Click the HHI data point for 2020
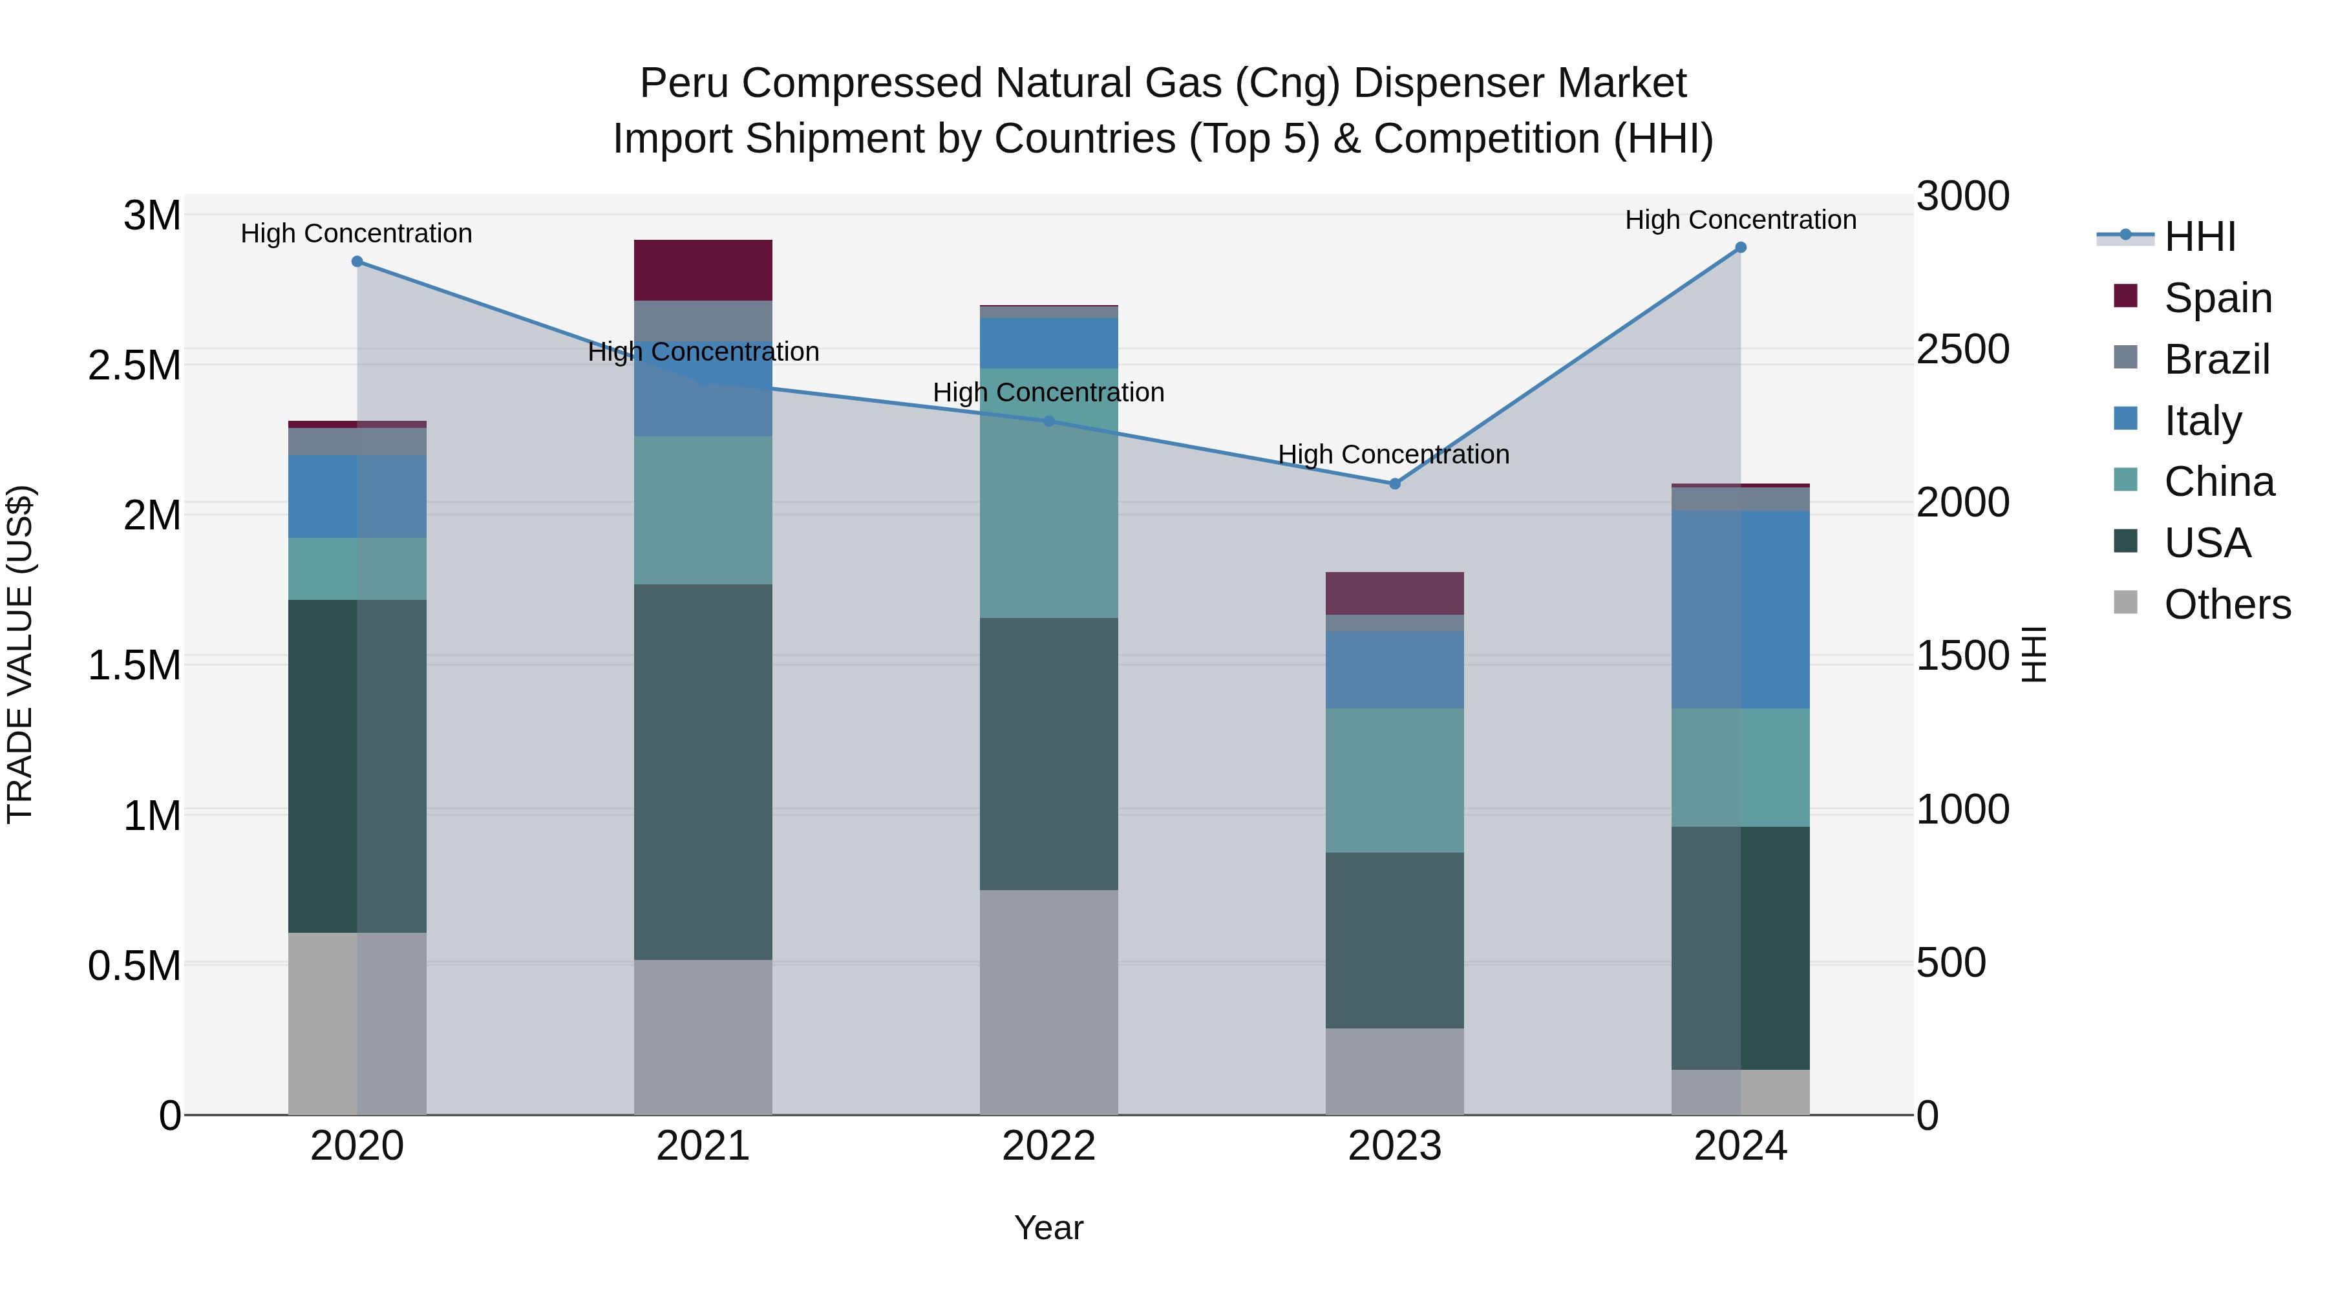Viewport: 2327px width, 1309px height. [357, 262]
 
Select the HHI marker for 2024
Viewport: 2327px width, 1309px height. [1741, 248]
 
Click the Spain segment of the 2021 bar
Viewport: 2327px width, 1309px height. [703, 270]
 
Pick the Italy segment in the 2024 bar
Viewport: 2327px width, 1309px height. [1741, 610]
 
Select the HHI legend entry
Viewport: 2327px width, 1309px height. [2200, 237]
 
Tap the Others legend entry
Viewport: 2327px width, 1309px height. [2227, 604]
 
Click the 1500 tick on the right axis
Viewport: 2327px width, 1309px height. [1962, 656]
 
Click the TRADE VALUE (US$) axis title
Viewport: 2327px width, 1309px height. [21, 654]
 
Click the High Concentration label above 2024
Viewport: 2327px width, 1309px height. [1741, 220]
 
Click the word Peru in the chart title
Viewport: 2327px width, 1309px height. [685, 83]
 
